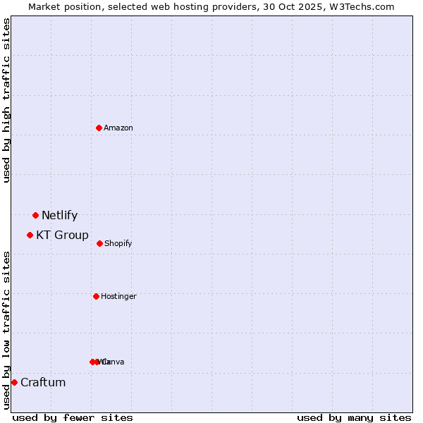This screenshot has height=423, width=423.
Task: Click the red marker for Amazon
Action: pyautogui.click(x=99, y=128)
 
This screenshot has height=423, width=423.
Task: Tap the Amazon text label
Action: pyautogui.click(x=118, y=128)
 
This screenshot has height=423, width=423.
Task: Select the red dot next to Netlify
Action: pyautogui.click(x=35, y=215)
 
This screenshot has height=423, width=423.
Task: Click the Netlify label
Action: pyautogui.click(x=59, y=216)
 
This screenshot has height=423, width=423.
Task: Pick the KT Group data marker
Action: pyautogui.click(x=30, y=235)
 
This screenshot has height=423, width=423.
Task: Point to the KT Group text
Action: pyautogui.click(x=62, y=235)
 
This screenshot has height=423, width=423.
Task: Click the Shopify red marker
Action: pyautogui.click(x=99, y=243)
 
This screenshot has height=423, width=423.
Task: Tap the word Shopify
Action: pyautogui.click(x=118, y=244)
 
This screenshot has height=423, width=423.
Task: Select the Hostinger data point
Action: pyautogui.click(x=96, y=296)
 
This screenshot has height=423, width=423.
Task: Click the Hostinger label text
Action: pyautogui.click(x=118, y=297)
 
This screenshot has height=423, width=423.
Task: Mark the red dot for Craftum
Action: pyautogui.click(x=14, y=382)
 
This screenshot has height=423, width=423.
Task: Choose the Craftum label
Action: pyautogui.click(x=43, y=383)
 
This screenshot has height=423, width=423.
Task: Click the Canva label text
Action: pyautogui.click(x=114, y=362)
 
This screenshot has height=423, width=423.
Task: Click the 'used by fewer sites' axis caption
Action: pyautogui.click(x=73, y=417)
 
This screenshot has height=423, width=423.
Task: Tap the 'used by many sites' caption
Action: pyautogui.click(x=354, y=417)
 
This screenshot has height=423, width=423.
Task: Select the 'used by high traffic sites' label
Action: pyautogui.click(x=7, y=100)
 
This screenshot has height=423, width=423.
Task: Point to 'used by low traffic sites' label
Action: pyautogui.click(x=7, y=330)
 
